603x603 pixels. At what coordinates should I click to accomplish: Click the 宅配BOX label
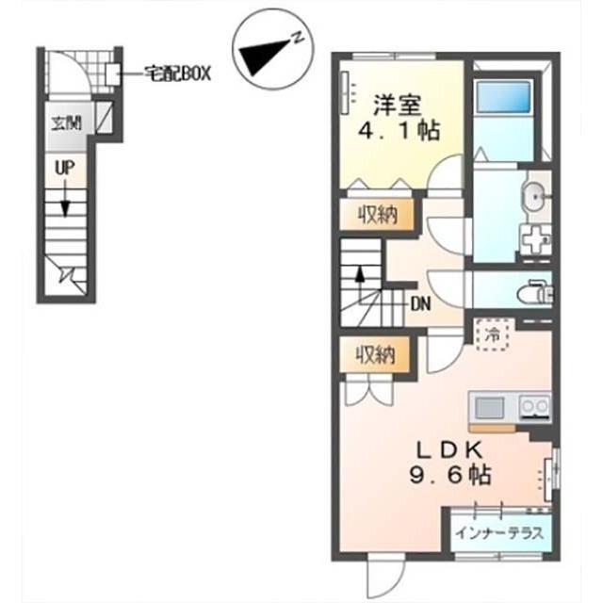tap(178, 73)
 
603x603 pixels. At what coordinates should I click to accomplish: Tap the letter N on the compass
tap(298, 38)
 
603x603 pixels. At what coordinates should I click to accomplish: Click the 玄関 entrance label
tap(67, 123)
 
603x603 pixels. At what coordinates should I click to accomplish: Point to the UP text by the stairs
tap(65, 168)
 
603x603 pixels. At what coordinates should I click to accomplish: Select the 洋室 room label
tap(398, 105)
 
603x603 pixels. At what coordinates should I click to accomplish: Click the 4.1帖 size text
tap(399, 131)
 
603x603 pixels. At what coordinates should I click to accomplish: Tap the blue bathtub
tap(503, 96)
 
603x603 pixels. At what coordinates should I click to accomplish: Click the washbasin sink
tap(535, 197)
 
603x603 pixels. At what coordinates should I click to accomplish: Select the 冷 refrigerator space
tap(493, 335)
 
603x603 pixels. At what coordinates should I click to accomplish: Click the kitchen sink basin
tap(489, 408)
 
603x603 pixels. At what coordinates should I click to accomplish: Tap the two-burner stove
tap(534, 406)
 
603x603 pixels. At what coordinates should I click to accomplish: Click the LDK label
tap(449, 450)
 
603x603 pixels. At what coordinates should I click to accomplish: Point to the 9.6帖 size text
tap(449, 475)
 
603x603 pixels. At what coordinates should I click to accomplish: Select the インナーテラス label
tap(499, 533)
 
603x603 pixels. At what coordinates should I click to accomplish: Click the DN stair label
tap(421, 304)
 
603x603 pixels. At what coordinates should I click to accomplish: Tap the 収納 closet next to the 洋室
tap(377, 215)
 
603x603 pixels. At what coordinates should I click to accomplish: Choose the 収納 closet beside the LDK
tap(375, 354)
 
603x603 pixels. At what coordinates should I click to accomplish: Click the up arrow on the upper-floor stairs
tap(360, 284)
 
